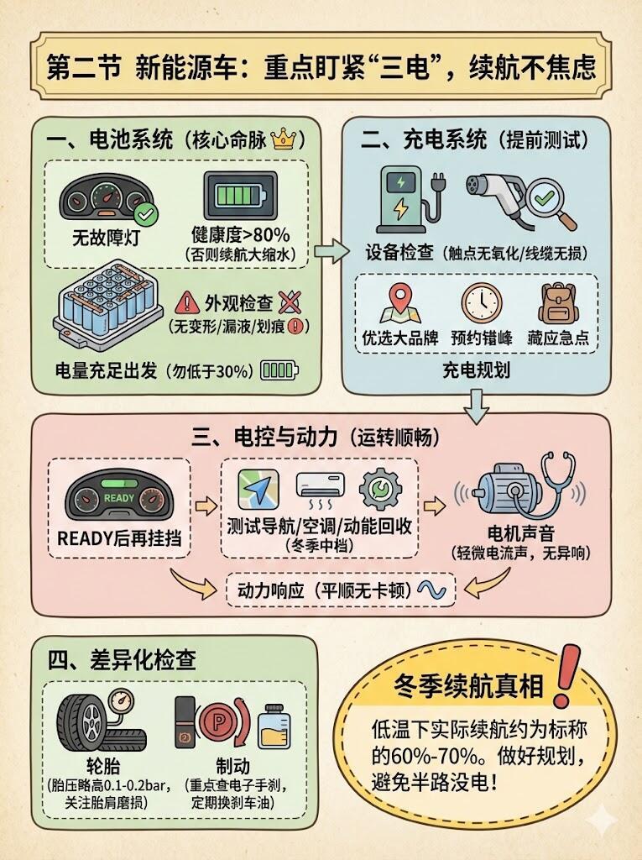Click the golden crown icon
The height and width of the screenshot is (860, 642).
click(x=283, y=139)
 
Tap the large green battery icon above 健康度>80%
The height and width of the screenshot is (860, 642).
click(x=241, y=196)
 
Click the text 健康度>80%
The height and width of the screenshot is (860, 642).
click(x=240, y=235)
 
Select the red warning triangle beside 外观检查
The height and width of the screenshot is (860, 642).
click(x=187, y=302)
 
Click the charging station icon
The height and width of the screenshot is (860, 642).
click(x=409, y=200)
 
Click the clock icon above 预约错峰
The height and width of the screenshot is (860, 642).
click(x=482, y=302)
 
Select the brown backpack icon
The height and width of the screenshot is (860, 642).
click(x=557, y=303)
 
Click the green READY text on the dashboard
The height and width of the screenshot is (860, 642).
click(x=119, y=498)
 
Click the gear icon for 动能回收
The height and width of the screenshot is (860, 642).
click(x=380, y=489)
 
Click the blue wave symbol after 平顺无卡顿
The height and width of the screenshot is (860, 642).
click(x=431, y=590)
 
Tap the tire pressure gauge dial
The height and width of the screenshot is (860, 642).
click(x=121, y=701)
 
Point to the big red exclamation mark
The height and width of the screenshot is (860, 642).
click(x=566, y=676)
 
